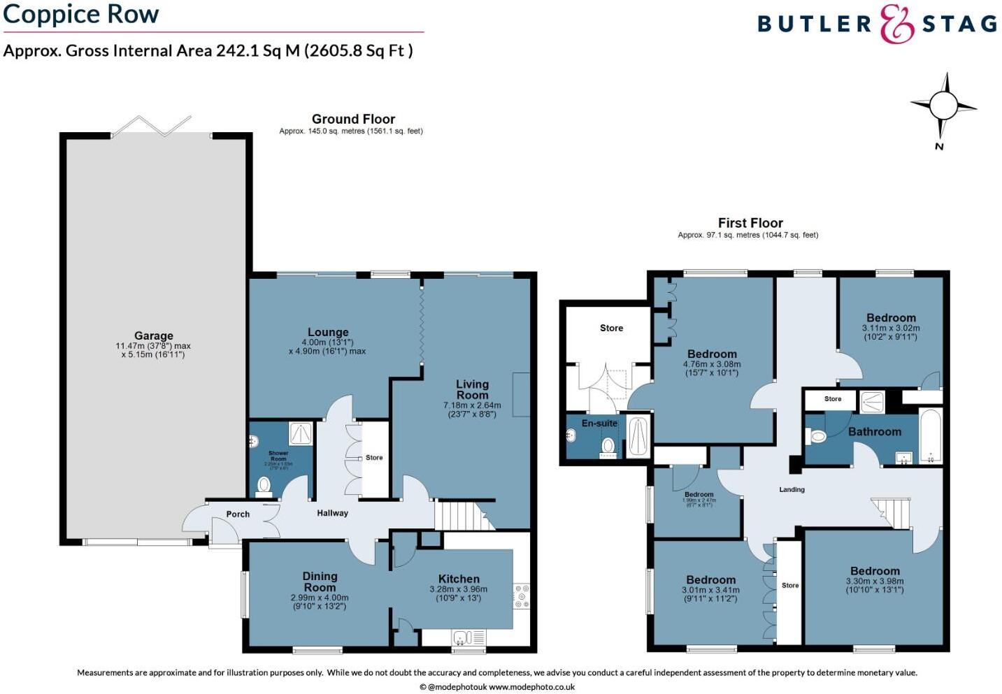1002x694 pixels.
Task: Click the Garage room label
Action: coord(154,335)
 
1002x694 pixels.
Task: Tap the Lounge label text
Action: coord(328,332)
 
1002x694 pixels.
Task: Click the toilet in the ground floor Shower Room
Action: coord(264,484)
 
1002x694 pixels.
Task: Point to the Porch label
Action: coord(238,514)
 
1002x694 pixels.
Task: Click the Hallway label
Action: coord(332,513)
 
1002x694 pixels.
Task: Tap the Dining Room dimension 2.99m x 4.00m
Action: coord(320,598)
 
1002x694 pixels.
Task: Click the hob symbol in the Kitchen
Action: coord(522,596)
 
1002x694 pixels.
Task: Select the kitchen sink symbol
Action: coord(462,637)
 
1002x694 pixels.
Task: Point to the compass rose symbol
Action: coord(943,107)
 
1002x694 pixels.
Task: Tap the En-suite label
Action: coord(599,423)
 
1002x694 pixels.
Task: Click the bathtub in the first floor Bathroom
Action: coord(931,437)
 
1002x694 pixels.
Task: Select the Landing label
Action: coord(792,489)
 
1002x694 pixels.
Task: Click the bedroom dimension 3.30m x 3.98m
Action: coord(875,581)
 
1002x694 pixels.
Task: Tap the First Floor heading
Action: coord(750,222)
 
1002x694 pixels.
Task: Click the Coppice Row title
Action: coord(81,14)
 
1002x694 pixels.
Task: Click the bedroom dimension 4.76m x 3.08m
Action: coord(712,363)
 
